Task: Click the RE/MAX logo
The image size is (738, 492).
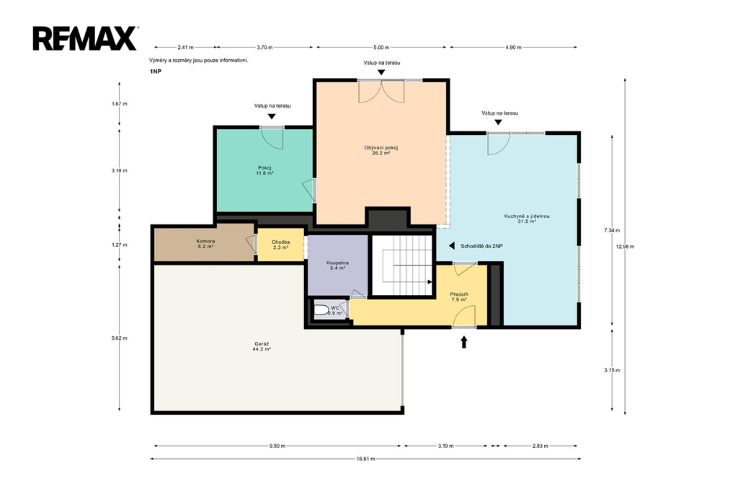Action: tap(85, 38)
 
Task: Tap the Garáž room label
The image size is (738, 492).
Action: tap(261, 346)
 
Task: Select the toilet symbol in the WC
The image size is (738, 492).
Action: tap(321, 310)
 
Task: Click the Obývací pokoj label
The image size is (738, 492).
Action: tap(381, 150)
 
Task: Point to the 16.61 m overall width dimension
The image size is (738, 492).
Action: tap(365, 459)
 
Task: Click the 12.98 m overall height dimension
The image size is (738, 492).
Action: tap(625, 247)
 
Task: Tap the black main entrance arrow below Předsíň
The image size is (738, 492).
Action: tap(463, 342)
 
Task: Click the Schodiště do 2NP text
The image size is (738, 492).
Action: tap(481, 246)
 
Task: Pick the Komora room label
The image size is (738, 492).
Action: tap(205, 244)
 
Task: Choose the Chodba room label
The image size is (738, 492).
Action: tap(280, 245)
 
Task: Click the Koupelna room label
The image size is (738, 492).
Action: tap(337, 265)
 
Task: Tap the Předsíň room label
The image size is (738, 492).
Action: tap(459, 297)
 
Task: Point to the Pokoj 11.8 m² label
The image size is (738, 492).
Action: tap(264, 170)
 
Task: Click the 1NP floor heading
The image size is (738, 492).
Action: tap(156, 71)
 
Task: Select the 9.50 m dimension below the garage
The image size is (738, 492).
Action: tap(277, 446)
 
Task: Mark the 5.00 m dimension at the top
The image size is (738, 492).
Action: tap(381, 47)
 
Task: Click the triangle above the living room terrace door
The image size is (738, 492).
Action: tap(381, 72)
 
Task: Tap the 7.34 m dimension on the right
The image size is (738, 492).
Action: tap(612, 230)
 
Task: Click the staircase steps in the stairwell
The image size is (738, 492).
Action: tap(407, 265)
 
